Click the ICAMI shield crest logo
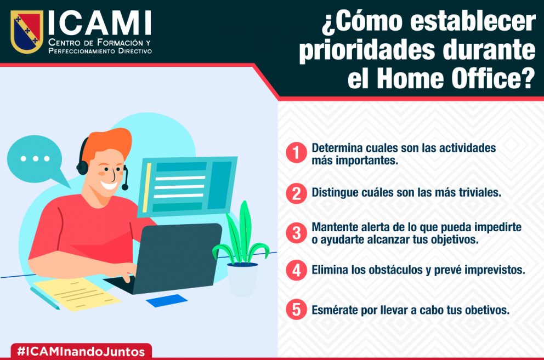coord(27,31)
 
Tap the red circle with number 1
coord(296,152)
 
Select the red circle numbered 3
coord(296,233)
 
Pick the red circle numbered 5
coord(296,309)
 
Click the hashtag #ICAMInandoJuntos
coord(81,351)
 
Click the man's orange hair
coord(108,143)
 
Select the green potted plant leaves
coord(242,236)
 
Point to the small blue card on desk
coord(167,300)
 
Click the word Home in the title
coord(410,78)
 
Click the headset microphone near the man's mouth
coord(125,187)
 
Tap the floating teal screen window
coord(188,187)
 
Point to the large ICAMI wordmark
coord(100,23)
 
